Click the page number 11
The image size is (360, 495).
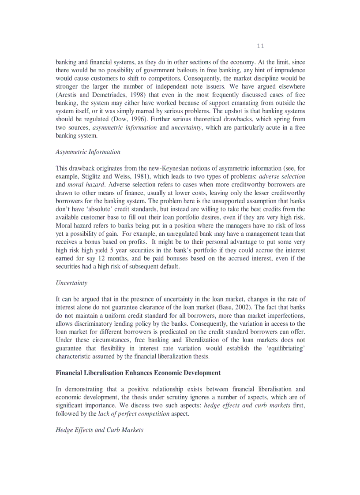click(x=260, y=46)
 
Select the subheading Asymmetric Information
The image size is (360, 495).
click(x=88, y=152)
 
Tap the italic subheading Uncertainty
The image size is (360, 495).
click(x=71, y=283)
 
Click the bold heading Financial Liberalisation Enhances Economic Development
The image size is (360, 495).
click(x=138, y=372)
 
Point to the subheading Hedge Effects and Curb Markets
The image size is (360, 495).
click(x=99, y=430)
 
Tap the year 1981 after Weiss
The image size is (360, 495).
click(x=139, y=176)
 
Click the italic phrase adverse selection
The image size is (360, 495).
click(x=282, y=176)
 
